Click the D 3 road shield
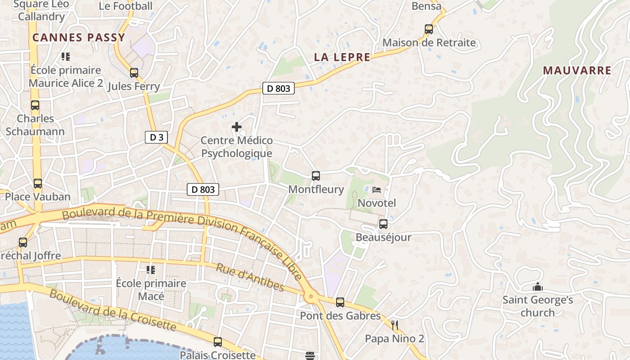pyautogui.click(x=157, y=137)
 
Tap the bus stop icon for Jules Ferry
pyautogui.click(x=134, y=72)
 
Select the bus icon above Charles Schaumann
pyautogui.click(x=35, y=105)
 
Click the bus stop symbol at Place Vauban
pyautogui.click(x=38, y=184)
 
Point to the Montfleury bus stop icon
pyautogui.click(x=316, y=175)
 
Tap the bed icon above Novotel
pyautogui.click(x=377, y=190)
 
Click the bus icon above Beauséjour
pyautogui.click(x=383, y=224)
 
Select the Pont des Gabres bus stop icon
pyautogui.click(x=340, y=302)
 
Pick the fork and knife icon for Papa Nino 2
pyautogui.click(x=395, y=325)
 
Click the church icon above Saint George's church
pyautogui.click(x=537, y=287)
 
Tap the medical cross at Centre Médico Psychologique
pyautogui.click(x=236, y=127)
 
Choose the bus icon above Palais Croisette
pyautogui.click(x=218, y=342)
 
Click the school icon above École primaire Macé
pyautogui.click(x=150, y=270)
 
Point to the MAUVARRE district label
pyautogui.click(x=577, y=71)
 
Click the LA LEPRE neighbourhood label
pyautogui.click(x=342, y=57)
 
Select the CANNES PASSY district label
pyautogui.click(x=79, y=38)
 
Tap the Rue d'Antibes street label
pyautogui.click(x=250, y=277)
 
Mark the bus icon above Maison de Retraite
pyautogui.click(x=429, y=29)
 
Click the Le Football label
pyautogui.click(x=126, y=6)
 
